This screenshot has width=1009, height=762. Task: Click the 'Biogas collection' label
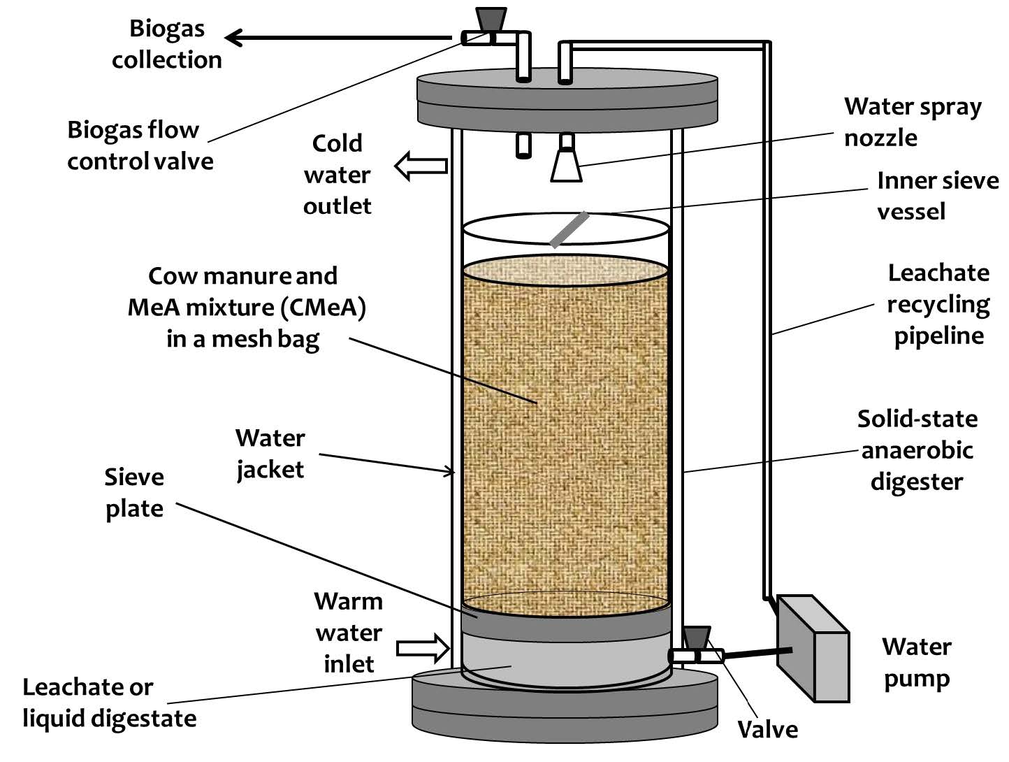pyautogui.click(x=166, y=44)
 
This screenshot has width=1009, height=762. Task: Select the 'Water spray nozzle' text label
pyautogui.click(x=912, y=122)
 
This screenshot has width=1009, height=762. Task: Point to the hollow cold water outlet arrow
pyautogui.click(x=421, y=166)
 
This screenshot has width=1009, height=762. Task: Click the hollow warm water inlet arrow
pyautogui.click(x=423, y=648)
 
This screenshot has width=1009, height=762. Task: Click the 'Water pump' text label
pyautogui.click(x=916, y=662)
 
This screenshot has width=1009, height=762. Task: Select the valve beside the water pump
pyautogui.click(x=696, y=646)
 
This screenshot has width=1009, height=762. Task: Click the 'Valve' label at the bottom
pyautogui.click(x=767, y=729)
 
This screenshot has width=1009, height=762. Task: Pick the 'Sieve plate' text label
pyautogui.click(x=134, y=493)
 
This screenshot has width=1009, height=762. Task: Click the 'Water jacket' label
pyautogui.click(x=270, y=454)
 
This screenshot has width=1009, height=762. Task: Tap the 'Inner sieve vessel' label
pyautogui.click(x=937, y=196)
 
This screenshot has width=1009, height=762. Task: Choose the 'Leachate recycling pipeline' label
pyautogui.click(x=938, y=304)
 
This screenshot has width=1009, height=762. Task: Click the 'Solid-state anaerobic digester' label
pyautogui.click(x=917, y=450)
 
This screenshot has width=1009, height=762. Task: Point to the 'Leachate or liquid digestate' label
pyautogui.click(x=108, y=703)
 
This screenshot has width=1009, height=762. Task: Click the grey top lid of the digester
pyautogui.click(x=567, y=98)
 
